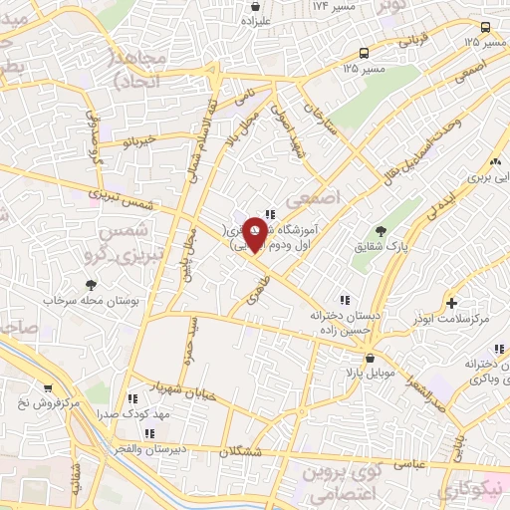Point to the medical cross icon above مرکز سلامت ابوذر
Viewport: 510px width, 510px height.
452,302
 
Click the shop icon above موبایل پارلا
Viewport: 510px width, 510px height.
370,356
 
